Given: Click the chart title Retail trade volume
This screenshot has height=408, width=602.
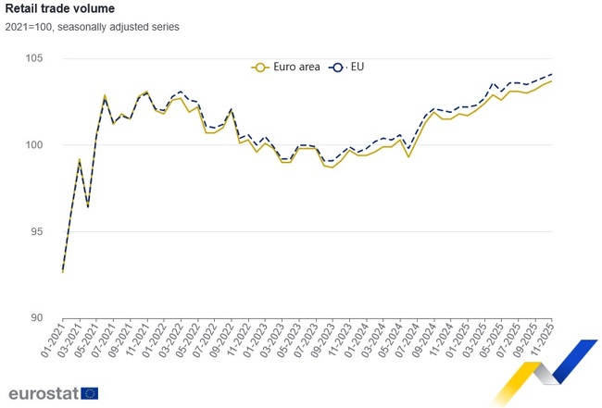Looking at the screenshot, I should tap(60, 8).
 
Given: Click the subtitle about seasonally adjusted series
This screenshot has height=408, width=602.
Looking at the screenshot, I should tap(93, 27).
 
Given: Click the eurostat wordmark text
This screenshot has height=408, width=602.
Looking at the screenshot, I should tap(43, 392).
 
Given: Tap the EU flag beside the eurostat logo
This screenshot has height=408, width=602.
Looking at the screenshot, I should tap(89, 393).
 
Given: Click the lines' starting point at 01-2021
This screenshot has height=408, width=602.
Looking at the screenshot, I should tap(63, 272).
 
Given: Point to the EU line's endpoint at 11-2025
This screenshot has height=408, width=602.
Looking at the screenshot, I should tap(552, 74).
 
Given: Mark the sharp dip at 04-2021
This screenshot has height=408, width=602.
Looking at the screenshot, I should tap(88, 206).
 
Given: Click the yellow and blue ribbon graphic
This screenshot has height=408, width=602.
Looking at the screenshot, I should tap(543, 370).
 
